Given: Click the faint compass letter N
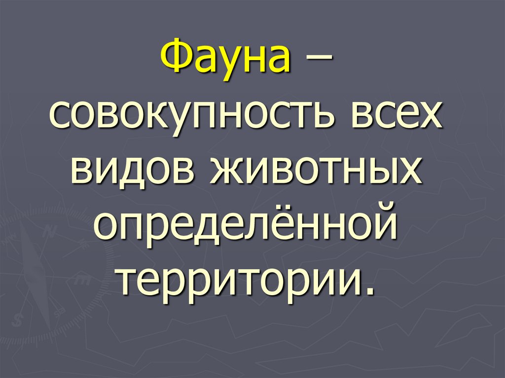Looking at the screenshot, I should click(49, 230).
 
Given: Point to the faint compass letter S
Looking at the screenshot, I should click(19, 319).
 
